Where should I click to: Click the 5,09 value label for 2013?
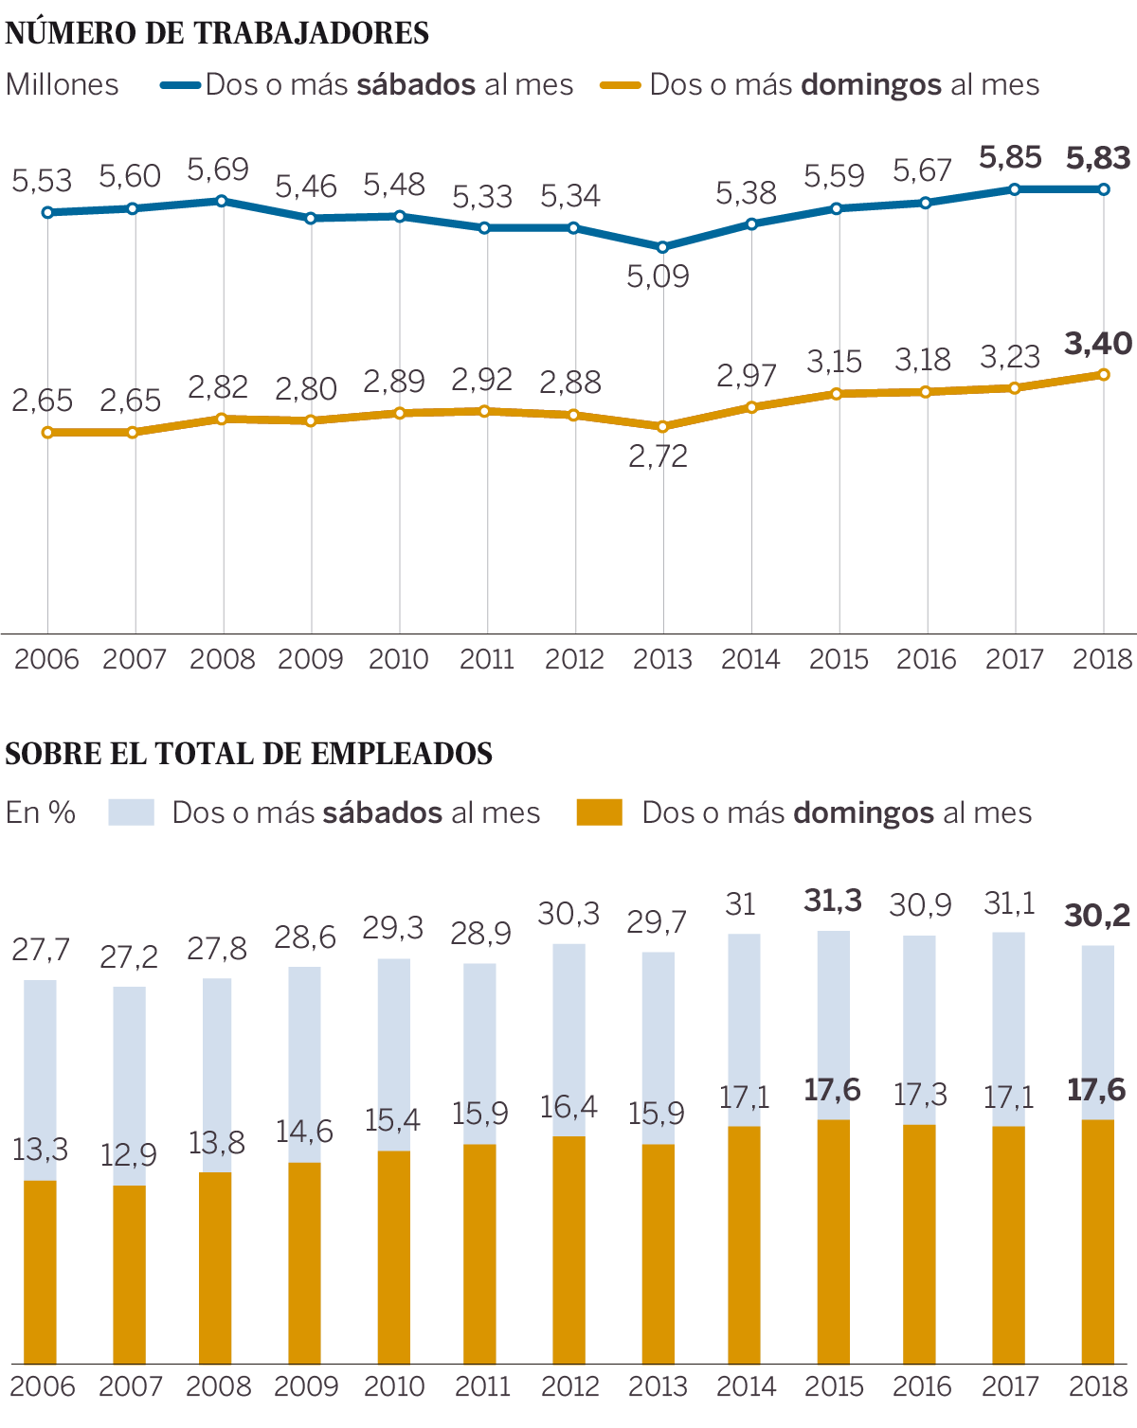[x=658, y=277]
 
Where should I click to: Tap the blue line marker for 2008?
[x=222, y=201]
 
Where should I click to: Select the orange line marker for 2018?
[x=1104, y=375]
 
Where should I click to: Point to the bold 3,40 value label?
[x=1098, y=344]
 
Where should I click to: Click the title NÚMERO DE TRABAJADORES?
[x=217, y=33]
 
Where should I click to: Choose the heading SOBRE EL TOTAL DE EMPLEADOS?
[x=248, y=754]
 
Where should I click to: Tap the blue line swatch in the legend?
[x=180, y=85]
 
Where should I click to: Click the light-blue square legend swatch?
[x=131, y=812]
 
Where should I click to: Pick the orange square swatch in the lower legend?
[x=599, y=812]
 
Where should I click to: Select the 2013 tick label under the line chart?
[x=662, y=659]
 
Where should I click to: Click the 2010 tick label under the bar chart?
[x=394, y=1386]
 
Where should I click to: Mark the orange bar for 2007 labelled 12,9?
[x=129, y=1274]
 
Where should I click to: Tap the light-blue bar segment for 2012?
[x=568, y=1040]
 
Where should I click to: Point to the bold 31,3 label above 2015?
[x=833, y=901]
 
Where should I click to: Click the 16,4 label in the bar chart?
[x=568, y=1107]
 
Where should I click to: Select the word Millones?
[x=63, y=85]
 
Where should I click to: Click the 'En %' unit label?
[x=41, y=812]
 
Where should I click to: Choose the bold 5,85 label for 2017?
[x=1010, y=157]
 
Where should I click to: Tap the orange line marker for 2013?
[x=663, y=427]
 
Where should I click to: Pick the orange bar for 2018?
[x=1097, y=1241]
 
